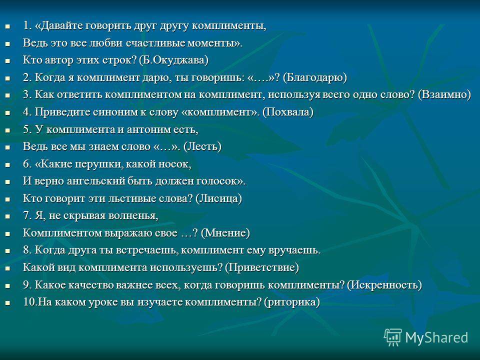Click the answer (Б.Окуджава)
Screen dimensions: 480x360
(173, 60)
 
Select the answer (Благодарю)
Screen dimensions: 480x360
(314, 77)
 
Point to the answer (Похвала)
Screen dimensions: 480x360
(288, 112)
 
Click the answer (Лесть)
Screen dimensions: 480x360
(202, 146)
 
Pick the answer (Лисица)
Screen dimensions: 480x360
(218, 198)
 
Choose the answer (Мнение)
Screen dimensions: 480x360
(225, 233)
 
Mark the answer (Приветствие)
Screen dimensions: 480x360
(261, 268)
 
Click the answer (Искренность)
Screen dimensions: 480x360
(384, 285)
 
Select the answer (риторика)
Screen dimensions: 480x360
(291, 302)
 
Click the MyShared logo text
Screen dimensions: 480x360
(437, 337)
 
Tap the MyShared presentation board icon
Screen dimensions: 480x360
(393, 337)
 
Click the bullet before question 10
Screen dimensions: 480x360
(7, 303)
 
